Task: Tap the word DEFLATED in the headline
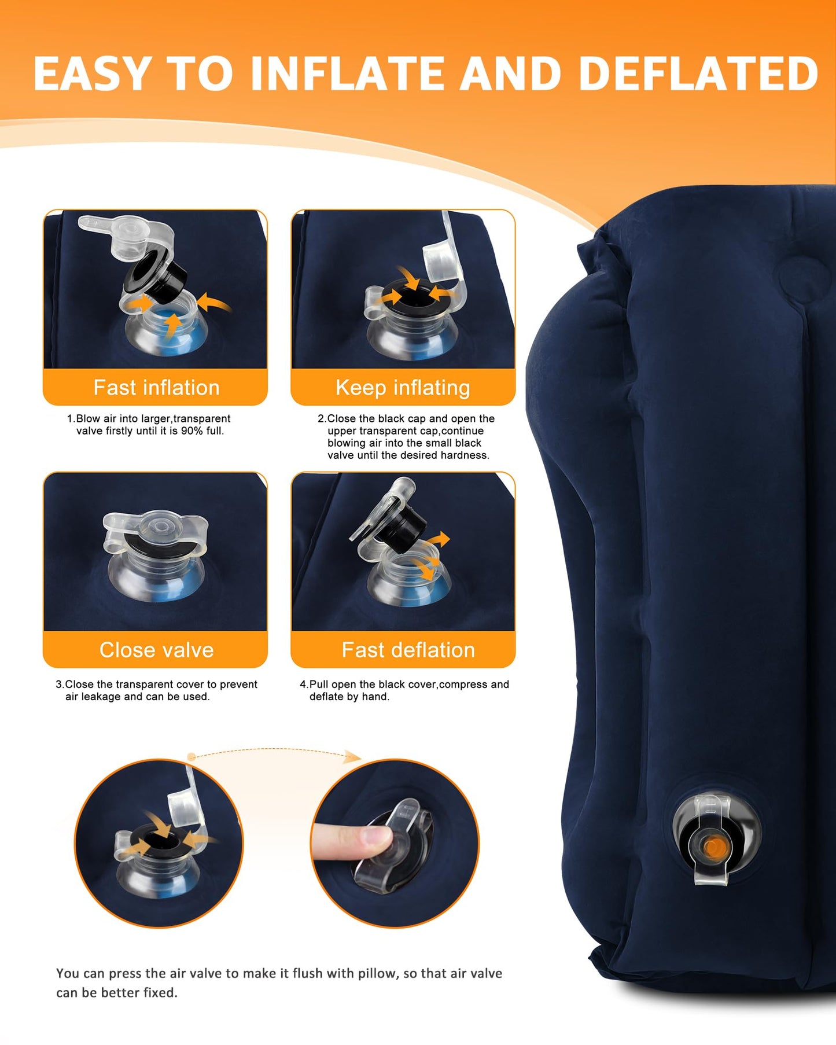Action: point(698,73)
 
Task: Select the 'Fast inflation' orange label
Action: point(156,387)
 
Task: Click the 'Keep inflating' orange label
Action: point(403,387)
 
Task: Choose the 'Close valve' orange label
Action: point(156,650)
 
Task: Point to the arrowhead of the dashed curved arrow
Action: point(353,756)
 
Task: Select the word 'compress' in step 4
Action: point(463,685)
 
